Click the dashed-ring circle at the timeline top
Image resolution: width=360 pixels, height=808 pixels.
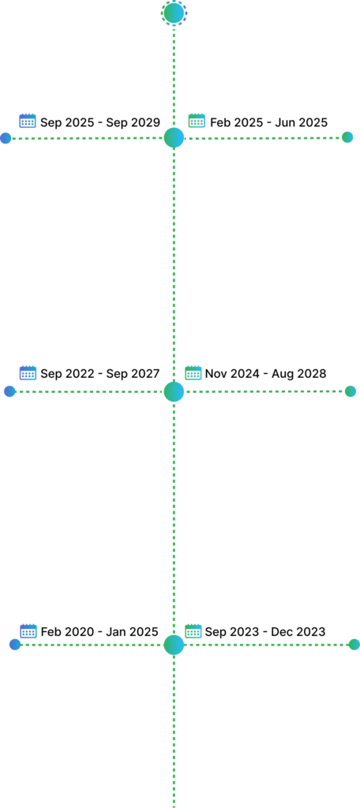[174, 13]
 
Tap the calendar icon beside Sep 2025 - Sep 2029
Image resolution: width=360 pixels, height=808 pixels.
[28, 121]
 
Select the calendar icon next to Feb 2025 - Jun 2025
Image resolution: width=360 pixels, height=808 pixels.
[197, 121]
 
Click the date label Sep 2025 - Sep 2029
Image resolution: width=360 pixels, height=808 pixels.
[100, 122]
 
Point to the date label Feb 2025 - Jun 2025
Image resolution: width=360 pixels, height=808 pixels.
[268, 122]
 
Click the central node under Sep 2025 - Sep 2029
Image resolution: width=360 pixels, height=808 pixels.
[174, 137]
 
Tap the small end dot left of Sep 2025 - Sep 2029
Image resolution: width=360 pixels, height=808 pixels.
[6, 137]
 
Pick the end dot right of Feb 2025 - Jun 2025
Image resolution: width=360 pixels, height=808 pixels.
[347, 137]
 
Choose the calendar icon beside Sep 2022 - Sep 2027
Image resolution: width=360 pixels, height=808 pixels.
[28, 373]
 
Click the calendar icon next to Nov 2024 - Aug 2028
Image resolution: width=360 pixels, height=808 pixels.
[193, 373]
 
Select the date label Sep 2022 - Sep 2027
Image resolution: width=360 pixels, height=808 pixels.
[100, 373]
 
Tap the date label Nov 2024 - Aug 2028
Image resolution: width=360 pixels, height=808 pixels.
[265, 373]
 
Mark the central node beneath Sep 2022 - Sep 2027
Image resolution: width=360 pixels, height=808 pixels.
[174, 391]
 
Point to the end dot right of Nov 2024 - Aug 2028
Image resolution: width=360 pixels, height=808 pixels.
[351, 391]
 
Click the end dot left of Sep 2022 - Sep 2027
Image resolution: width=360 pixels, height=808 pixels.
[9, 391]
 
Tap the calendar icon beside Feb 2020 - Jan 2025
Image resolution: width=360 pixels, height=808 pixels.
[28, 630]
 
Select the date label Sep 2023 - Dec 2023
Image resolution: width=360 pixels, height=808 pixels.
[265, 632]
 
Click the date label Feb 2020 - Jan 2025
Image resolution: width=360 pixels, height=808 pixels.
[99, 632]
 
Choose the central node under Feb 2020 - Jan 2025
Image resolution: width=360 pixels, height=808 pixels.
[174, 645]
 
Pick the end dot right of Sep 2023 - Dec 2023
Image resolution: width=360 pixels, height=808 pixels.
[354, 644]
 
